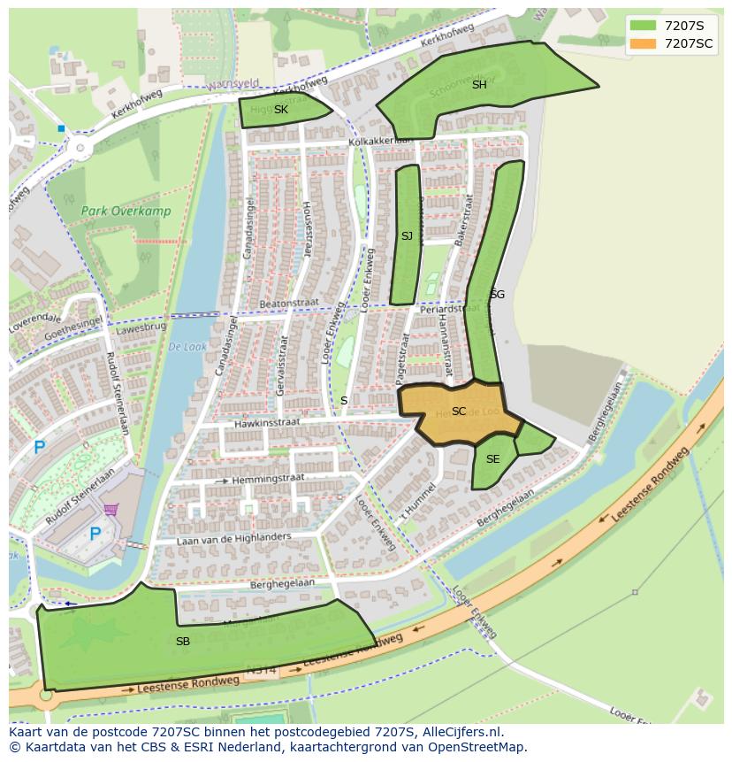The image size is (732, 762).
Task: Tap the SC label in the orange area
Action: [x=458, y=412]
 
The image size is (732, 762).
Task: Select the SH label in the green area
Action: [x=479, y=85]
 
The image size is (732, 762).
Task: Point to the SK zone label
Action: [x=280, y=110]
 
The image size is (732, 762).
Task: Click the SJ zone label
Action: [x=407, y=236]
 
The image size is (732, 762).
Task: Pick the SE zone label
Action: [x=492, y=459]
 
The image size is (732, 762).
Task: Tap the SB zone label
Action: [x=182, y=642]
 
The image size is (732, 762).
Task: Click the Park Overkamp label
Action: [x=126, y=212]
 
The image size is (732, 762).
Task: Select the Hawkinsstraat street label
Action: [x=267, y=424]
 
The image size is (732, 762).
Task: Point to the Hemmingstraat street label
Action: [x=269, y=478]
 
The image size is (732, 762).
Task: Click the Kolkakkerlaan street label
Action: [x=380, y=141]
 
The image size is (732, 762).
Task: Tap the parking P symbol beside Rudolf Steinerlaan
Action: [x=39, y=448]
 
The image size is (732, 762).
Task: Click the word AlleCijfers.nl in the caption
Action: [x=461, y=733]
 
